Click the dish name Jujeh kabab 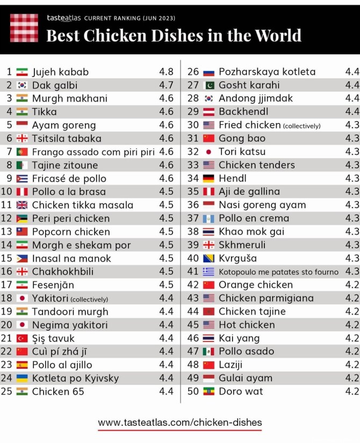(x=60, y=72)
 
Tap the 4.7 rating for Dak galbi (x=166, y=85)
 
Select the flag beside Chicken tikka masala (x=22, y=205)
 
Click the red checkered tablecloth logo (x=24, y=28)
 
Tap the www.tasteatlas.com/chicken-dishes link (x=180, y=423)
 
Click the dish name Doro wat (x=241, y=391)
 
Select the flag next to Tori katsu (x=209, y=152)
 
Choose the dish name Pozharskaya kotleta (x=267, y=72)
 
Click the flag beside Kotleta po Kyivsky (x=22, y=378)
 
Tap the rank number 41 (x=193, y=271)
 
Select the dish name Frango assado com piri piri (x=93, y=152)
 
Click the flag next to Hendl (x=209, y=178)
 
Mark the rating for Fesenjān (x=166, y=285)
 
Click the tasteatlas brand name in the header (x=64, y=18)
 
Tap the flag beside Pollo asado (x=209, y=352)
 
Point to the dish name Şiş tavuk (x=53, y=338)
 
